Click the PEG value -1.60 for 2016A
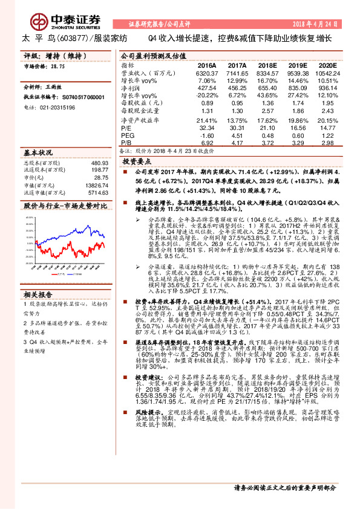coord(207,135)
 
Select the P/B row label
coord(126,143)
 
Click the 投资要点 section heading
coord(136,163)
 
